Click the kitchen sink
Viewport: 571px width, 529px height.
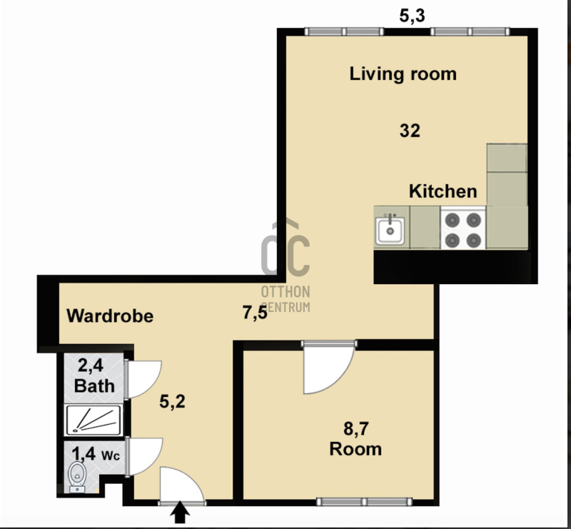(390, 230)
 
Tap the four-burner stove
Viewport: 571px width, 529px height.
(463, 228)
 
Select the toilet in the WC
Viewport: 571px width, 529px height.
(77, 476)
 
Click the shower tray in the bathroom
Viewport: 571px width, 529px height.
(94, 420)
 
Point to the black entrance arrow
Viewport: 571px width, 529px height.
(181, 513)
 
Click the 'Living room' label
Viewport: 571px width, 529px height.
(403, 74)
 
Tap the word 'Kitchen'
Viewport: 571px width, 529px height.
(443, 191)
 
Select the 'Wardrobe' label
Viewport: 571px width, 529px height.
(110, 316)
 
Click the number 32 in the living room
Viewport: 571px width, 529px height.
(410, 131)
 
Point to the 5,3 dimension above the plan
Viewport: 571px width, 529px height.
(412, 16)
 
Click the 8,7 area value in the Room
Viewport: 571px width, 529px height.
(355, 428)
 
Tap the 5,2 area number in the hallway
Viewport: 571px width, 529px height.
(172, 401)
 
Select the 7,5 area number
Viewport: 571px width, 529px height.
(255, 313)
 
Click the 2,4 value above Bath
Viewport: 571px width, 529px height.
(91, 366)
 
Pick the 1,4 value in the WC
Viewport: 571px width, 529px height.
(84, 454)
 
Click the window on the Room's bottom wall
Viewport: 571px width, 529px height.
(364, 502)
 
